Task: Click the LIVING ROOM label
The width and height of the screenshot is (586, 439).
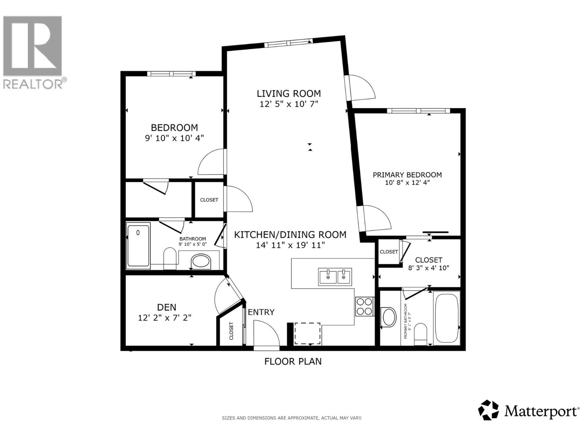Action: (x=289, y=94)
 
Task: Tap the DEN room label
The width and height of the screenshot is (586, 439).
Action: (x=167, y=307)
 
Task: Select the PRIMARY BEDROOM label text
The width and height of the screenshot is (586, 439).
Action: (x=407, y=175)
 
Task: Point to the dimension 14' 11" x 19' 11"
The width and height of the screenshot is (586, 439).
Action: (x=290, y=245)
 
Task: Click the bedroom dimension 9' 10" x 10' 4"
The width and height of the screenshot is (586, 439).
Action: (x=174, y=138)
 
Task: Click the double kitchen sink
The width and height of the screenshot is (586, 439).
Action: (x=335, y=277)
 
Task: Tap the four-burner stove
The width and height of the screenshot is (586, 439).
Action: (x=364, y=307)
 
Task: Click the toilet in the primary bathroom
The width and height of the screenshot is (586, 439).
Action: (x=420, y=334)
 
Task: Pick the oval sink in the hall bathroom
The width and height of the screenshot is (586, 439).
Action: (x=201, y=262)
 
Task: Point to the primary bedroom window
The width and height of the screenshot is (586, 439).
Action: (x=419, y=111)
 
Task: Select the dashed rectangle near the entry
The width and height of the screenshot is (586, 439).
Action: (x=308, y=333)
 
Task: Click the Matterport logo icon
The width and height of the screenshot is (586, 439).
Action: (x=489, y=410)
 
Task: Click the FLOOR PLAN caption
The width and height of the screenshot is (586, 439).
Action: (x=293, y=361)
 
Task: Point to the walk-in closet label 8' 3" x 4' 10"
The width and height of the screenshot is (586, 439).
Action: (x=429, y=268)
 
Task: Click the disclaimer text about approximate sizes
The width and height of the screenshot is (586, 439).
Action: (x=292, y=418)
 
